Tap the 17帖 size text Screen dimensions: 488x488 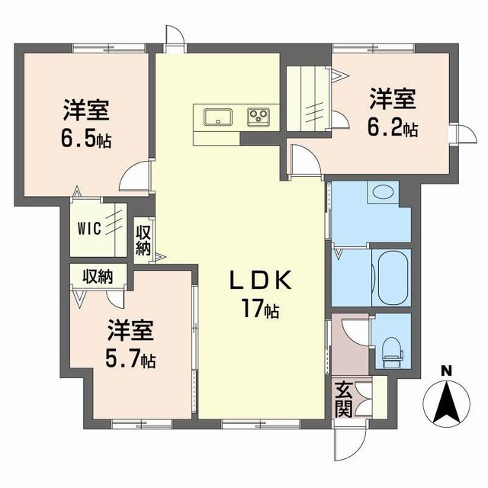pos(261,310)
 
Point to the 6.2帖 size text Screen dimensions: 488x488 pos(392,127)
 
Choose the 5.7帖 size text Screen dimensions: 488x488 pos(130,359)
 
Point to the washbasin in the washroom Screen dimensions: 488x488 pos(380,194)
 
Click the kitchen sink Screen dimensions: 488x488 pos(219,117)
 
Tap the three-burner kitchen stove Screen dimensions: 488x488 pos(258,117)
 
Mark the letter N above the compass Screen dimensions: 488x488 pos(447,372)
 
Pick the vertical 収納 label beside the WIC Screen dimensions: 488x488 pos(143,239)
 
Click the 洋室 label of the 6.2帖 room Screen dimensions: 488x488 pos(392,99)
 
